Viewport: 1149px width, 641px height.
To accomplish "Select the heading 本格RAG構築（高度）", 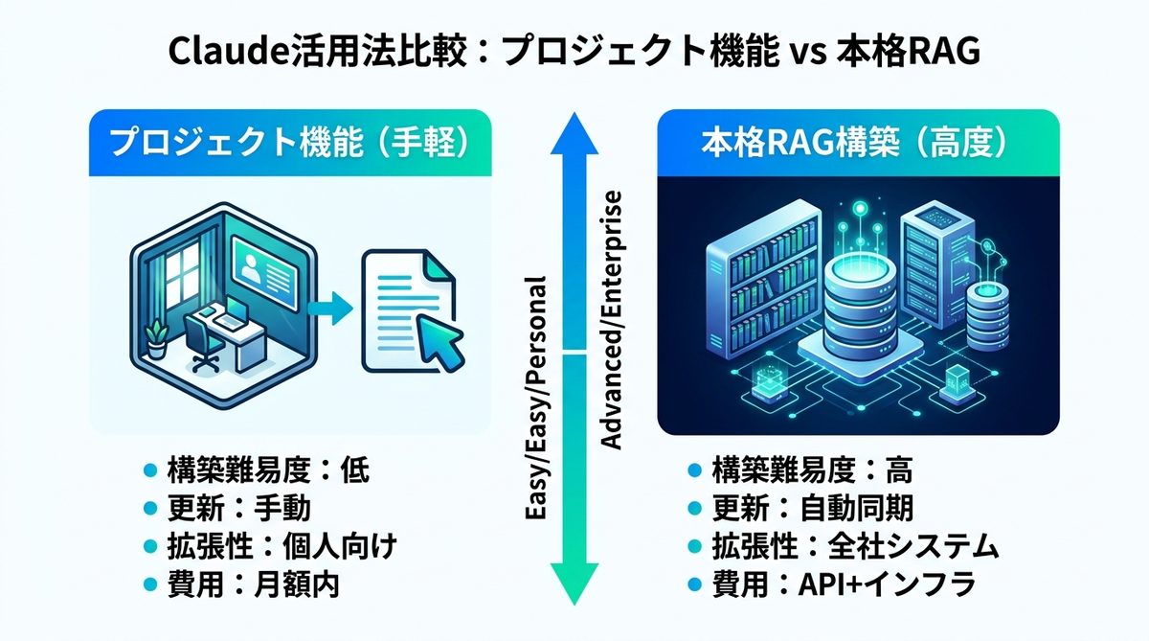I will point(857,144).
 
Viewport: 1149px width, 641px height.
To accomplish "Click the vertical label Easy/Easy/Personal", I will point(538,399).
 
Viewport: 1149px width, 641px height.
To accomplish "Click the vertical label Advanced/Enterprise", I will point(611,321).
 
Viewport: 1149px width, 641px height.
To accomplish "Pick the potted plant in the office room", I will point(155,335).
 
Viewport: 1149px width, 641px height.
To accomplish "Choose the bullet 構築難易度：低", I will point(254,469).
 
